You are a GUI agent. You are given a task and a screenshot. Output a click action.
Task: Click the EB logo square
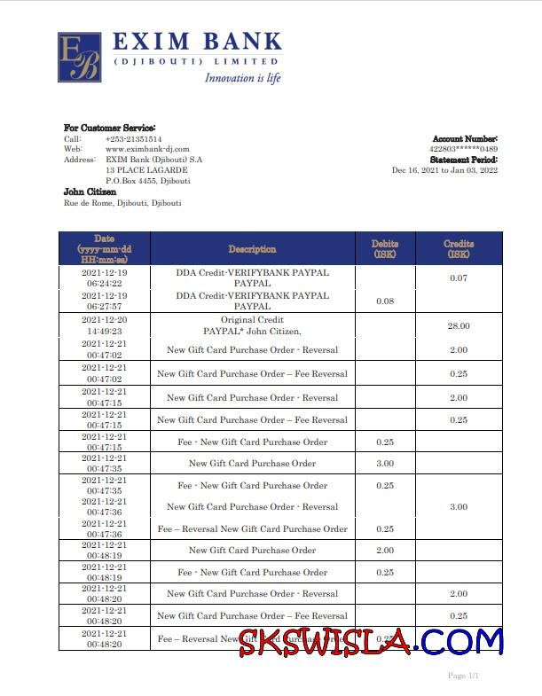coord(79,58)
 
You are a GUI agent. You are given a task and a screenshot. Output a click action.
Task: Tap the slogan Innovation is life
coord(242,78)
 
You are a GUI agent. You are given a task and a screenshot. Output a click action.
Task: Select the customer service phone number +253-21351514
coord(133,139)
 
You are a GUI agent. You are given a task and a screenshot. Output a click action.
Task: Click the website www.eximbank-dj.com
coord(147,149)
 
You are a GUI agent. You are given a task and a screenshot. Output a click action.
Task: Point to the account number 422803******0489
coord(463,149)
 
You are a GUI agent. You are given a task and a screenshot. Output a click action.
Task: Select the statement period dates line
coord(444,170)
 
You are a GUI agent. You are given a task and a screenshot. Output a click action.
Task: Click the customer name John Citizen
coord(90,192)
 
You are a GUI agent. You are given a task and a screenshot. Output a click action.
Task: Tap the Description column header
coord(252,249)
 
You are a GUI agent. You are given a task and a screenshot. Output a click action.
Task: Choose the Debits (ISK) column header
coord(384,249)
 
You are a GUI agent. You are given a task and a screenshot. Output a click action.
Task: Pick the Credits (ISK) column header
coord(458,249)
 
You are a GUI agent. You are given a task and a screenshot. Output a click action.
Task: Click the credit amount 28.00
coord(458,326)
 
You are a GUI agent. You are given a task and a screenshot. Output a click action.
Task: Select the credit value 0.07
coord(458,278)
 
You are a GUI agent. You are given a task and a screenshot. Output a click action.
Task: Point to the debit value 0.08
coord(384,301)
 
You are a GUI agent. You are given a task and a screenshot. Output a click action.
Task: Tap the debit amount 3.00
coord(384,464)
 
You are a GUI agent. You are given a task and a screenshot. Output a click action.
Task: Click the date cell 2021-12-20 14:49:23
coord(104,325)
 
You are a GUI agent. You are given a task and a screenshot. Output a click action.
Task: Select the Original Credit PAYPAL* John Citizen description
coord(252,325)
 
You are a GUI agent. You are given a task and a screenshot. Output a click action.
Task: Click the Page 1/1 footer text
coord(463,676)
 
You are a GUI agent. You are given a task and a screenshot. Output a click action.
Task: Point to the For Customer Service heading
coord(109,128)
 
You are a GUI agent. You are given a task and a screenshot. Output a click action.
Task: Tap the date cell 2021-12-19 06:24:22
coord(104,278)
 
